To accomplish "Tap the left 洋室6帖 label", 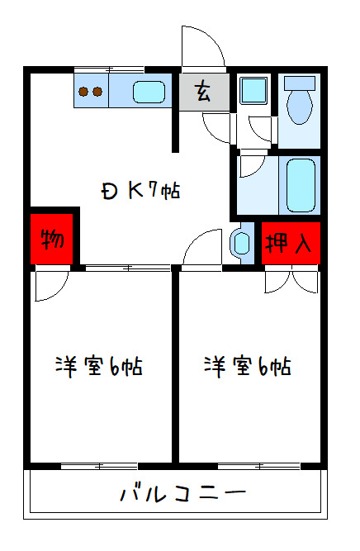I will tap(99, 366).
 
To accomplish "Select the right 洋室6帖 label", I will tap(248, 366).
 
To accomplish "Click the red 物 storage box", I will tap(53, 240).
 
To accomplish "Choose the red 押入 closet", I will tap(290, 243).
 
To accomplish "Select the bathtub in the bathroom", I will tap(300, 185).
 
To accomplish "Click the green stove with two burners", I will tap(91, 91).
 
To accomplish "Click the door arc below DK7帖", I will tap(201, 249).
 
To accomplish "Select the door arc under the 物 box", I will tap(51, 285).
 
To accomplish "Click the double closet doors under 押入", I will tap(291, 282).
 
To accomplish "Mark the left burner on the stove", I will tap(84, 92).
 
